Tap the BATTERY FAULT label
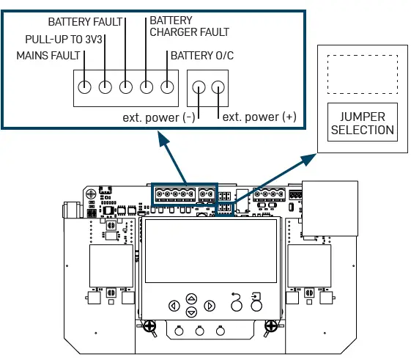pos(86,23)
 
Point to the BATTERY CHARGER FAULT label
pos(189,26)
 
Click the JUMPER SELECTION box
pos(363,123)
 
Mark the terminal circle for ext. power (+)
pos(218,88)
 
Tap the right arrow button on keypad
pos(210,306)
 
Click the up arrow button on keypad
pos(192,298)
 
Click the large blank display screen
pos(211,251)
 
